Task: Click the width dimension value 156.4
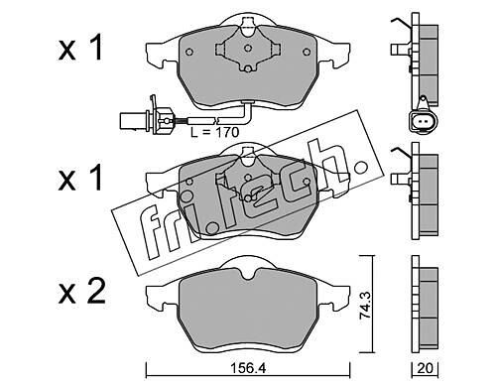(x=248, y=368)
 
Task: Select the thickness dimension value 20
(x=425, y=368)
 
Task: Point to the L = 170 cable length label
(x=214, y=132)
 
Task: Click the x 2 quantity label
(x=81, y=292)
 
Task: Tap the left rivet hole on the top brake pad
(x=188, y=52)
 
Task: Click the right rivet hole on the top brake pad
(x=307, y=52)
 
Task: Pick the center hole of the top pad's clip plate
(x=248, y=49)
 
